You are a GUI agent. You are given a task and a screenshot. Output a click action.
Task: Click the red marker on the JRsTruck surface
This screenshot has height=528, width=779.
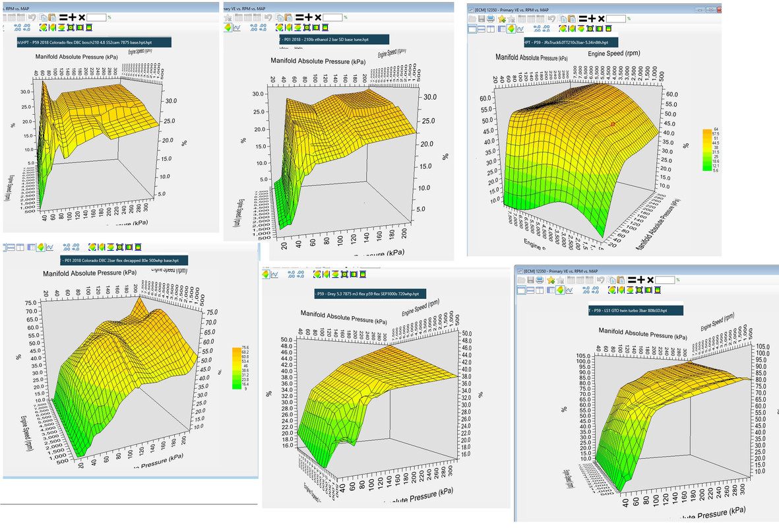coord(613,124)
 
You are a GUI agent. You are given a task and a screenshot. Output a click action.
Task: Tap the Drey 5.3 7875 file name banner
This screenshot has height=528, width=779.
coord(371,293)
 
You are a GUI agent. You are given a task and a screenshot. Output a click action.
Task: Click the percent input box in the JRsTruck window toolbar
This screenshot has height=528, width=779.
coord(616,18)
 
